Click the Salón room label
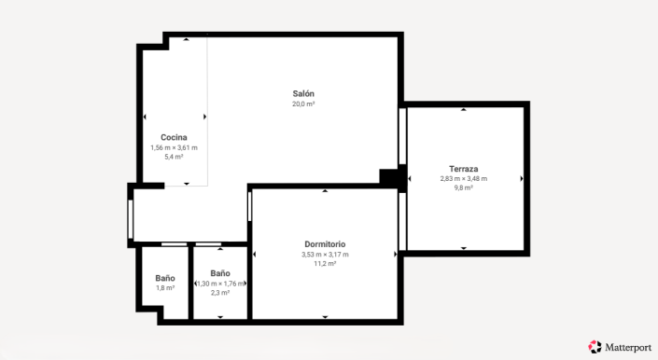coord(303,94)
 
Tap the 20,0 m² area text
coord(303,104)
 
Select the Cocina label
coord(174,138)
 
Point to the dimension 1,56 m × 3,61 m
coord(174,148)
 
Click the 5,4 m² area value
coord(174,158)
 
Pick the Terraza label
coord(463,169)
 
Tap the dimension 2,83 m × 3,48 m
coord(463,179)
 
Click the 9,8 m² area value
coord(463,188)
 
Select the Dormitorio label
coord(325,244)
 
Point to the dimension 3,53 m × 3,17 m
coord(325,255)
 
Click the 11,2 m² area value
coord(325,264)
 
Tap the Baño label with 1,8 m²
coord(165,278)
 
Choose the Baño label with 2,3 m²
coord(220,273)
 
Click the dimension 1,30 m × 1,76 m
coord(220,284)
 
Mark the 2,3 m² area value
coord(220,293)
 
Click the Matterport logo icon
coord(595,346)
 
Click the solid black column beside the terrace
coord(388,175)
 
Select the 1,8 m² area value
coord(165,288)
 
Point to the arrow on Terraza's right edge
coord(522,178)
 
